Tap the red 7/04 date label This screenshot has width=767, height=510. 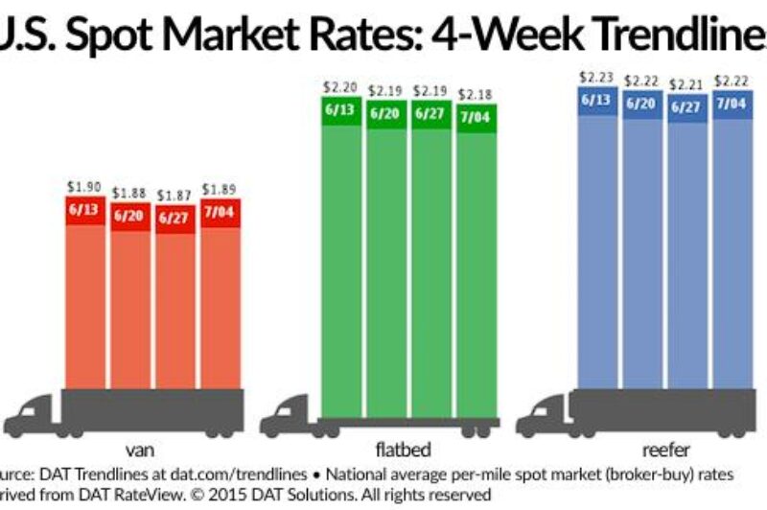point(220,208)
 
